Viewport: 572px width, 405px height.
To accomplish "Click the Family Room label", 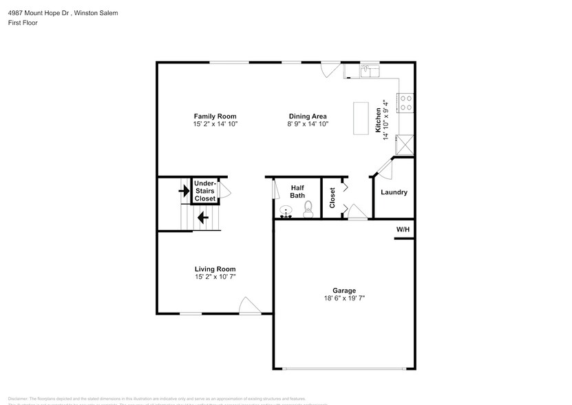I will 215,116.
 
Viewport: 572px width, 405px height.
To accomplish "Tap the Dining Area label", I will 308,116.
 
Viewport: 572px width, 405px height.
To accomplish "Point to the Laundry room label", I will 394,193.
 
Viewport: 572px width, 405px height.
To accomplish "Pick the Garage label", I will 344,291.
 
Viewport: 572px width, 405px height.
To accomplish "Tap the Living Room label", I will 215,269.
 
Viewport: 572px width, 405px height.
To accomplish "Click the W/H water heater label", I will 402,229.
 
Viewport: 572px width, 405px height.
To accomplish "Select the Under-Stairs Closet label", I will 205,191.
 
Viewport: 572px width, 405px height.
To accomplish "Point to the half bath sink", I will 286,211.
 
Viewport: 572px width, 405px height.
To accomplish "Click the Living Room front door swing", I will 247,305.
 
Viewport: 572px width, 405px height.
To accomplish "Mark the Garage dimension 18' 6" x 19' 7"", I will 344,298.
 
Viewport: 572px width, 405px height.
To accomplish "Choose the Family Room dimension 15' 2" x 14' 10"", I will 215,124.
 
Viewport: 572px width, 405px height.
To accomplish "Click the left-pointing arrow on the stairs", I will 203,218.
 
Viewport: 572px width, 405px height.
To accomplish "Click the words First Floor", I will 23,23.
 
